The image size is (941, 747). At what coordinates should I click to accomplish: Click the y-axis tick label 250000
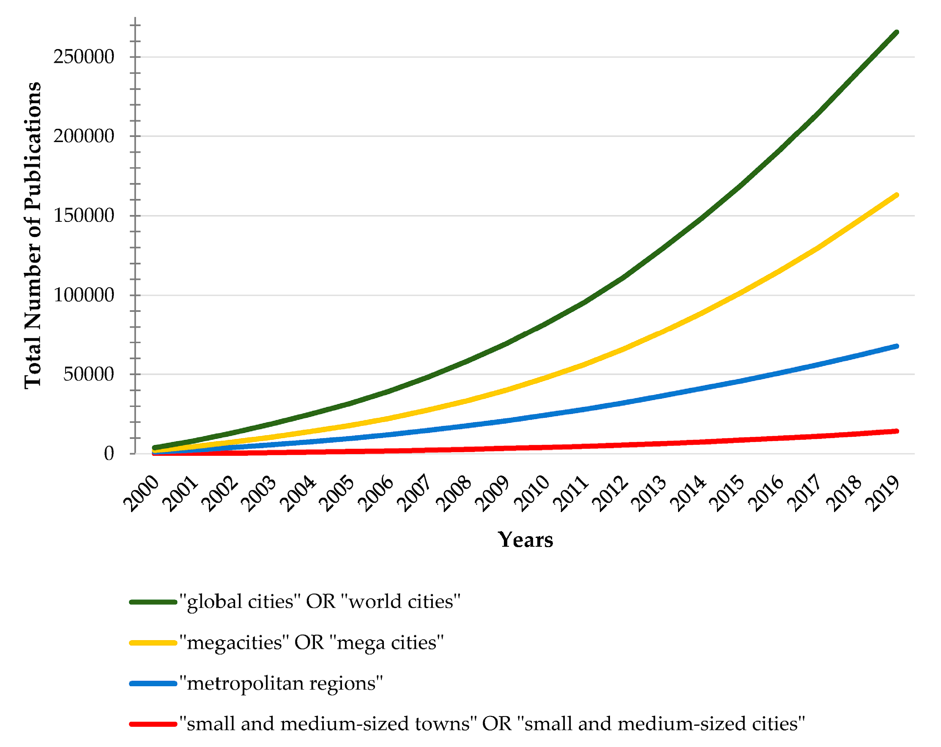tap(84, 57)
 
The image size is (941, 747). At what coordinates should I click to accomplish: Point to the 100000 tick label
tap(84, 295)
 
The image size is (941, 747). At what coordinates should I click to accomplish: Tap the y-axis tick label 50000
tap(89, 374)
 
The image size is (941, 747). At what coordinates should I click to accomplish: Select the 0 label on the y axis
tap(109, 454)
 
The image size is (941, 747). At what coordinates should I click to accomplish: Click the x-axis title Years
tap(525, 540)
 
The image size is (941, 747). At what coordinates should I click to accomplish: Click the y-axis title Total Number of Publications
tap(33, 236)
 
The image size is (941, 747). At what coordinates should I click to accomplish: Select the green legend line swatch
tap(153, 602)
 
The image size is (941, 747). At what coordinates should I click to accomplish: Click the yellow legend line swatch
tap(153, 643)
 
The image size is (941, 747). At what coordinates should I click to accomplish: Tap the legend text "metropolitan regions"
tap(281, 683)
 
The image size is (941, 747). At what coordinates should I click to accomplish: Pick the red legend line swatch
tap(153, 724)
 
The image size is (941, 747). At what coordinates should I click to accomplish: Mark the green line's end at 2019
tap(897, 32)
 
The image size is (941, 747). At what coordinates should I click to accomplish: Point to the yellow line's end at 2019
tap(897, 195)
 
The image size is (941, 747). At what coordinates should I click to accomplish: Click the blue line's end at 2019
tap(897, 346)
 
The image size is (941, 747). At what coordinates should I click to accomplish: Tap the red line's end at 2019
tap(897, 431)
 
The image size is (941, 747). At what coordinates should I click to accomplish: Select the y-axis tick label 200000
tap(84, 136)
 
